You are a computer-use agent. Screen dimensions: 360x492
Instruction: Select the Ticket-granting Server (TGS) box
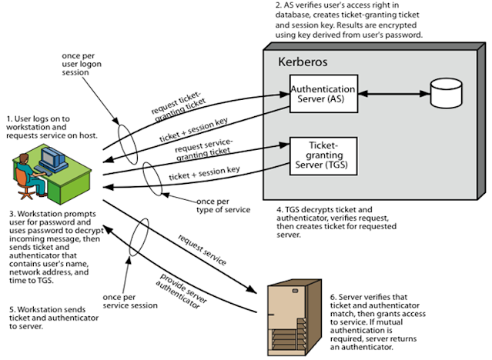pyautogui.click(x=323, y=158)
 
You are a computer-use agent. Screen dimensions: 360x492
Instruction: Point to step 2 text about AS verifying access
pyautogui.click(x=351, y=21)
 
